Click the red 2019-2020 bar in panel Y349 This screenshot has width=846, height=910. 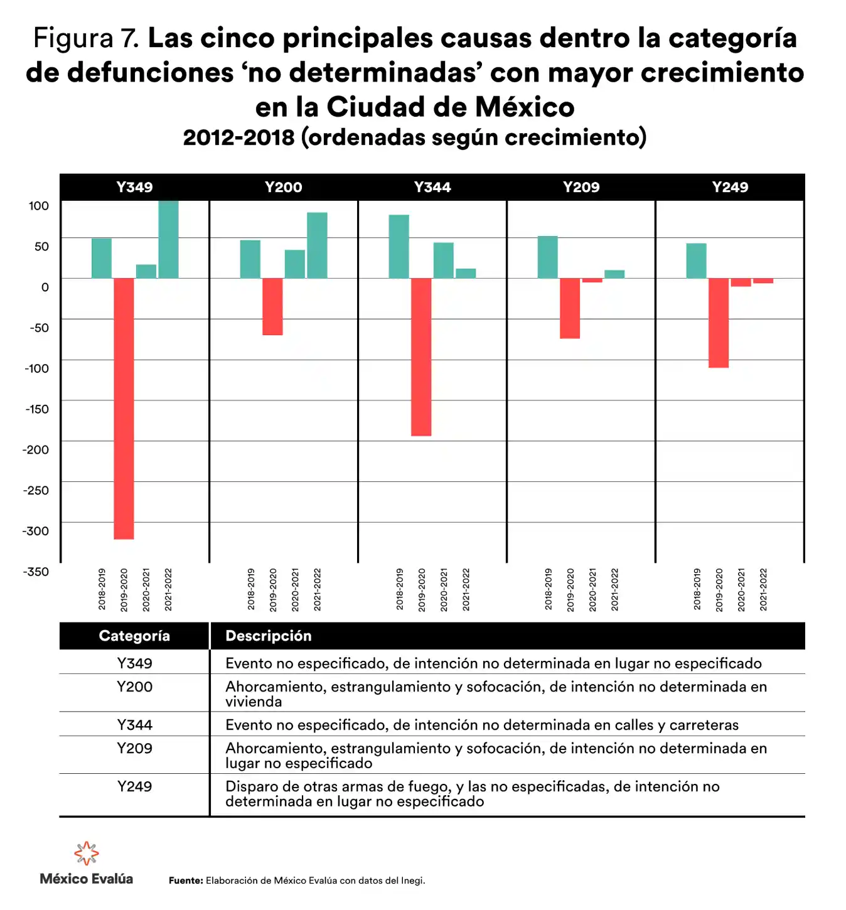124,408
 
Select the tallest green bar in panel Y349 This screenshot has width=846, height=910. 168,239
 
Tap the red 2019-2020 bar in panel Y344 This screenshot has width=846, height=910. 421,356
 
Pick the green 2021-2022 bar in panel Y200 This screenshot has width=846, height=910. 317,245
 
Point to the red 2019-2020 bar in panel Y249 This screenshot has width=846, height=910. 719,323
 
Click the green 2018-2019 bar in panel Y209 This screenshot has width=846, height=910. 547,257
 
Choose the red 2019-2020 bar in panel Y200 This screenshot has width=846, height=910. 272,306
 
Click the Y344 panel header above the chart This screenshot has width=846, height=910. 432,187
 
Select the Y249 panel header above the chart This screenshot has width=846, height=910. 730,187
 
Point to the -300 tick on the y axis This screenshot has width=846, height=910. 36,531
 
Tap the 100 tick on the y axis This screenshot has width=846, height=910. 38,206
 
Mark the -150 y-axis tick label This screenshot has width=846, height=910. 36,409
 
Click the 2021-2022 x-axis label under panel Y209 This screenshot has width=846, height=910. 615,589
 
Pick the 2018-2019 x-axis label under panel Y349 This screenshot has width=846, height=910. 102,589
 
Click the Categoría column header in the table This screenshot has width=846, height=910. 134,636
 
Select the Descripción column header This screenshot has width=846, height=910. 269,636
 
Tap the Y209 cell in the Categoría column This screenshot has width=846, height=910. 134,748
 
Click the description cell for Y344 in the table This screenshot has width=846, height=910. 481,725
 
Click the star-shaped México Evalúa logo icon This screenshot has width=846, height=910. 87,854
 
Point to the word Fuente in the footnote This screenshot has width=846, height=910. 186,881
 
